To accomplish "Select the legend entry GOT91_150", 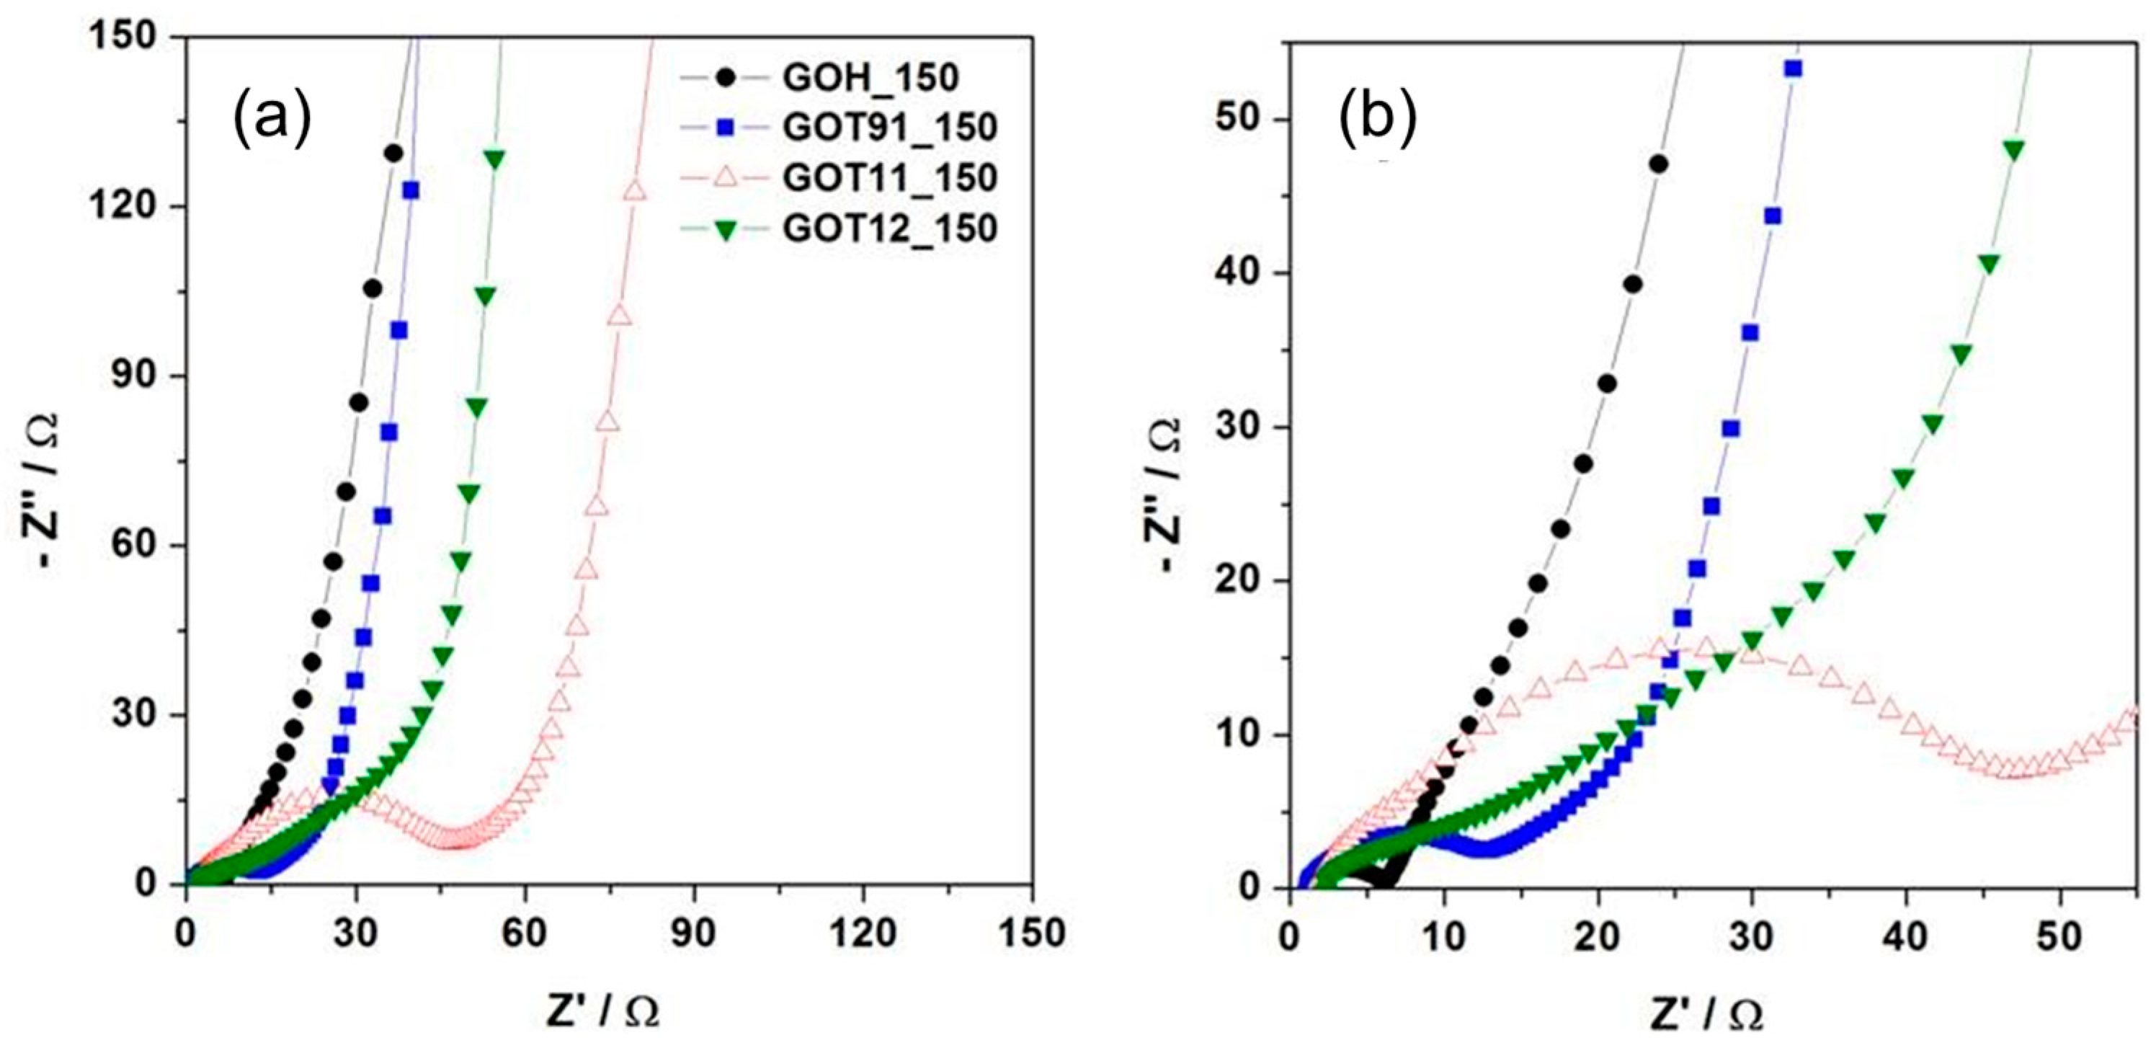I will coord(889,128).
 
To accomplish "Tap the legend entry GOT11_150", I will coord(889,178).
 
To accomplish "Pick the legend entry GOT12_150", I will coord(889,228).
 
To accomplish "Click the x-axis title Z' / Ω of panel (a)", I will coord(602,1012).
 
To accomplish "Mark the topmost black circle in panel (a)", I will coord(393,154).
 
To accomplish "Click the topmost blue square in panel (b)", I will coord(1793,68).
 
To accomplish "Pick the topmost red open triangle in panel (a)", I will coord(634,191).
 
